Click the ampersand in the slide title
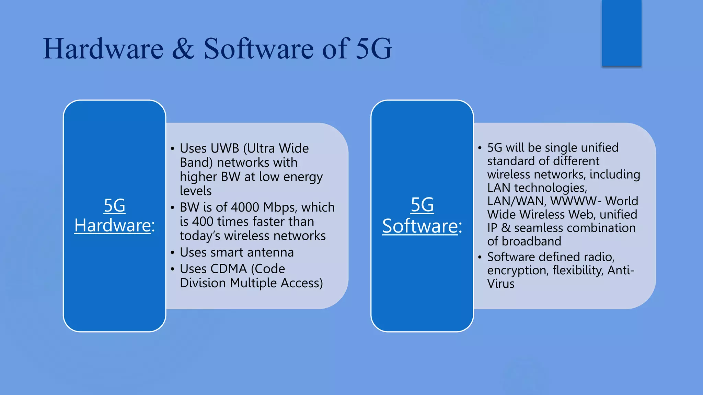[183, 49]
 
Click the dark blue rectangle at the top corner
[621, 33]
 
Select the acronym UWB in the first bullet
[224, 148]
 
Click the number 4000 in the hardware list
[245, 207]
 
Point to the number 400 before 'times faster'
[203, 222]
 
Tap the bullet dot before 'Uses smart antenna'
[172, 253]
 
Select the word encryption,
[518, 270]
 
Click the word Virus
[500, 284]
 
